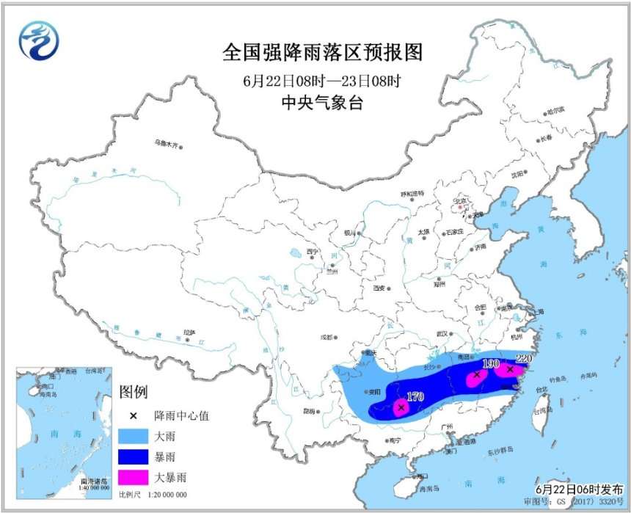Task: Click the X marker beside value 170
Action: pos(401,407)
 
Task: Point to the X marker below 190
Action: pos(477,374)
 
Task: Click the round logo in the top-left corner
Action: pos(38,40)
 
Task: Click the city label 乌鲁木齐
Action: pos(167,143)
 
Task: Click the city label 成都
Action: pos(325,338)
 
